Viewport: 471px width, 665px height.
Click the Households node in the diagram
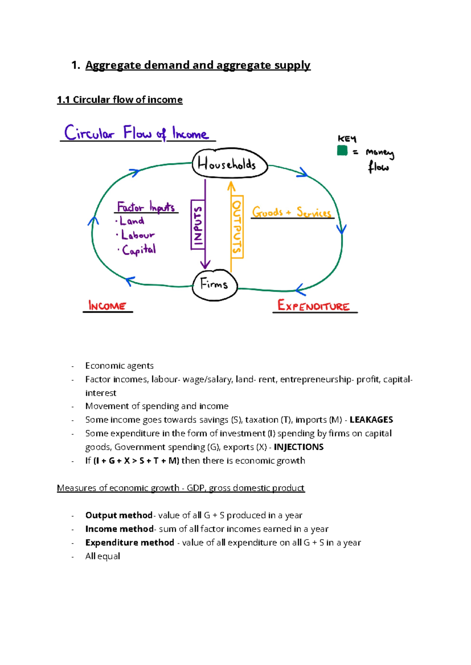point(230,164)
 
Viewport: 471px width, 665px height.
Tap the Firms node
point(215,285)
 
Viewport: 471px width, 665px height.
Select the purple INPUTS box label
point(198,225)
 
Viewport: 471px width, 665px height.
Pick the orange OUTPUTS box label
point(237,227)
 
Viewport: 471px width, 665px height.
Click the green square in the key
point(342,151)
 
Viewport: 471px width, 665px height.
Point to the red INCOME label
point(107,306)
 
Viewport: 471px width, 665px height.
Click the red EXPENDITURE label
point(314,306)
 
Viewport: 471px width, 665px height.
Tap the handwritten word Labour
point(137,235)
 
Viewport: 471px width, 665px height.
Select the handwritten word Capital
point(139,249)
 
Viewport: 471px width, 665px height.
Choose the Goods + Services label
point(292,213)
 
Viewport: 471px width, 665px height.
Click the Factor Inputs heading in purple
point(146,207)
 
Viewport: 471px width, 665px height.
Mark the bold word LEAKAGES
point(371,420)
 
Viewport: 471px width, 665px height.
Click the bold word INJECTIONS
point(298,447)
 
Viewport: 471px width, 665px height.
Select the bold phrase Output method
point(119,515)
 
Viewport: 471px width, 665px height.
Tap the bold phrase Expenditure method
point(130,543)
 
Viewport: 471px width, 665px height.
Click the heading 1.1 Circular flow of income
point(120,100)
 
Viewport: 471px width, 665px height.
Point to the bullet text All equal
point(102,556)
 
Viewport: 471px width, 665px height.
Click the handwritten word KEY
point(347,139)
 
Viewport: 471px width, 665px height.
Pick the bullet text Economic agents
point(119,366)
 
